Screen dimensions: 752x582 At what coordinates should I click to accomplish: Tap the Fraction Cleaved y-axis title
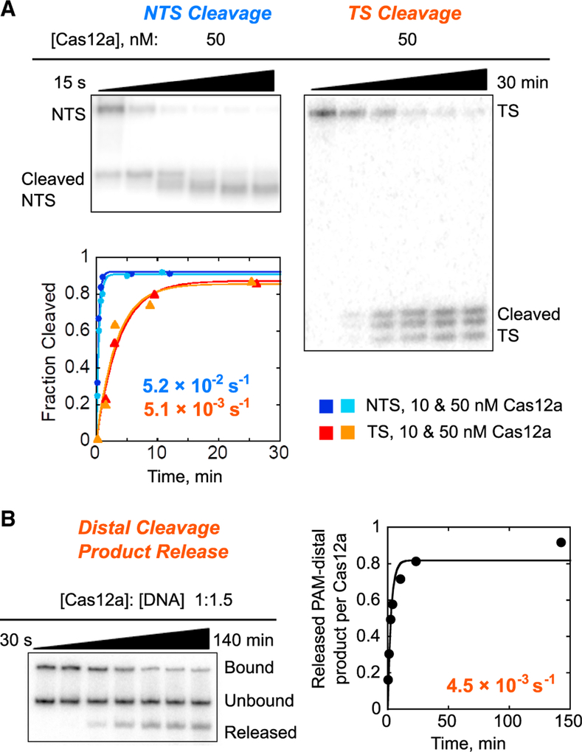(49, 347)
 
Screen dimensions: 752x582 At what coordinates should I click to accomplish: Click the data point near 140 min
(561, 542)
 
